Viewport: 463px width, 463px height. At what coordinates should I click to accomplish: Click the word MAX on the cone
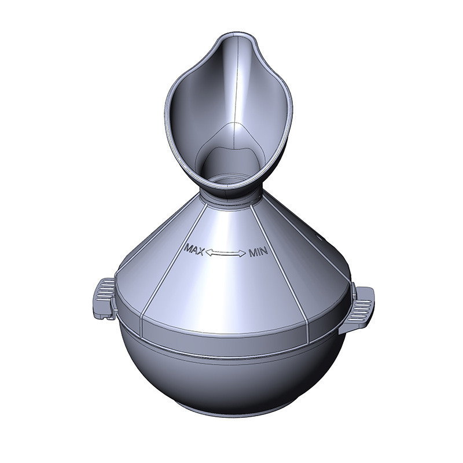[x=194, y=249]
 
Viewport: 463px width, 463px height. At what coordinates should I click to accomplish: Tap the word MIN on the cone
[x=258, y=252]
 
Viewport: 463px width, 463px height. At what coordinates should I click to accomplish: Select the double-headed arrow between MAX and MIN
[x=226, y=252]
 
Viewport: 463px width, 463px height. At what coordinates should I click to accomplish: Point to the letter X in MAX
[x=200, y=251]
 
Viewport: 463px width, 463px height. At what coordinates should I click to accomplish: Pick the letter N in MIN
[x=264, y=252]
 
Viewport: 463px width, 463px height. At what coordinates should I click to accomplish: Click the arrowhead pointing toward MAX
[x=208, y=252]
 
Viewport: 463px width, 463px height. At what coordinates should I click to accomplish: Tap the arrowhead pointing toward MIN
[x=242, y=253]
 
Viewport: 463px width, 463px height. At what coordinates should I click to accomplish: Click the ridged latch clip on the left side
[x=104, y=298]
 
